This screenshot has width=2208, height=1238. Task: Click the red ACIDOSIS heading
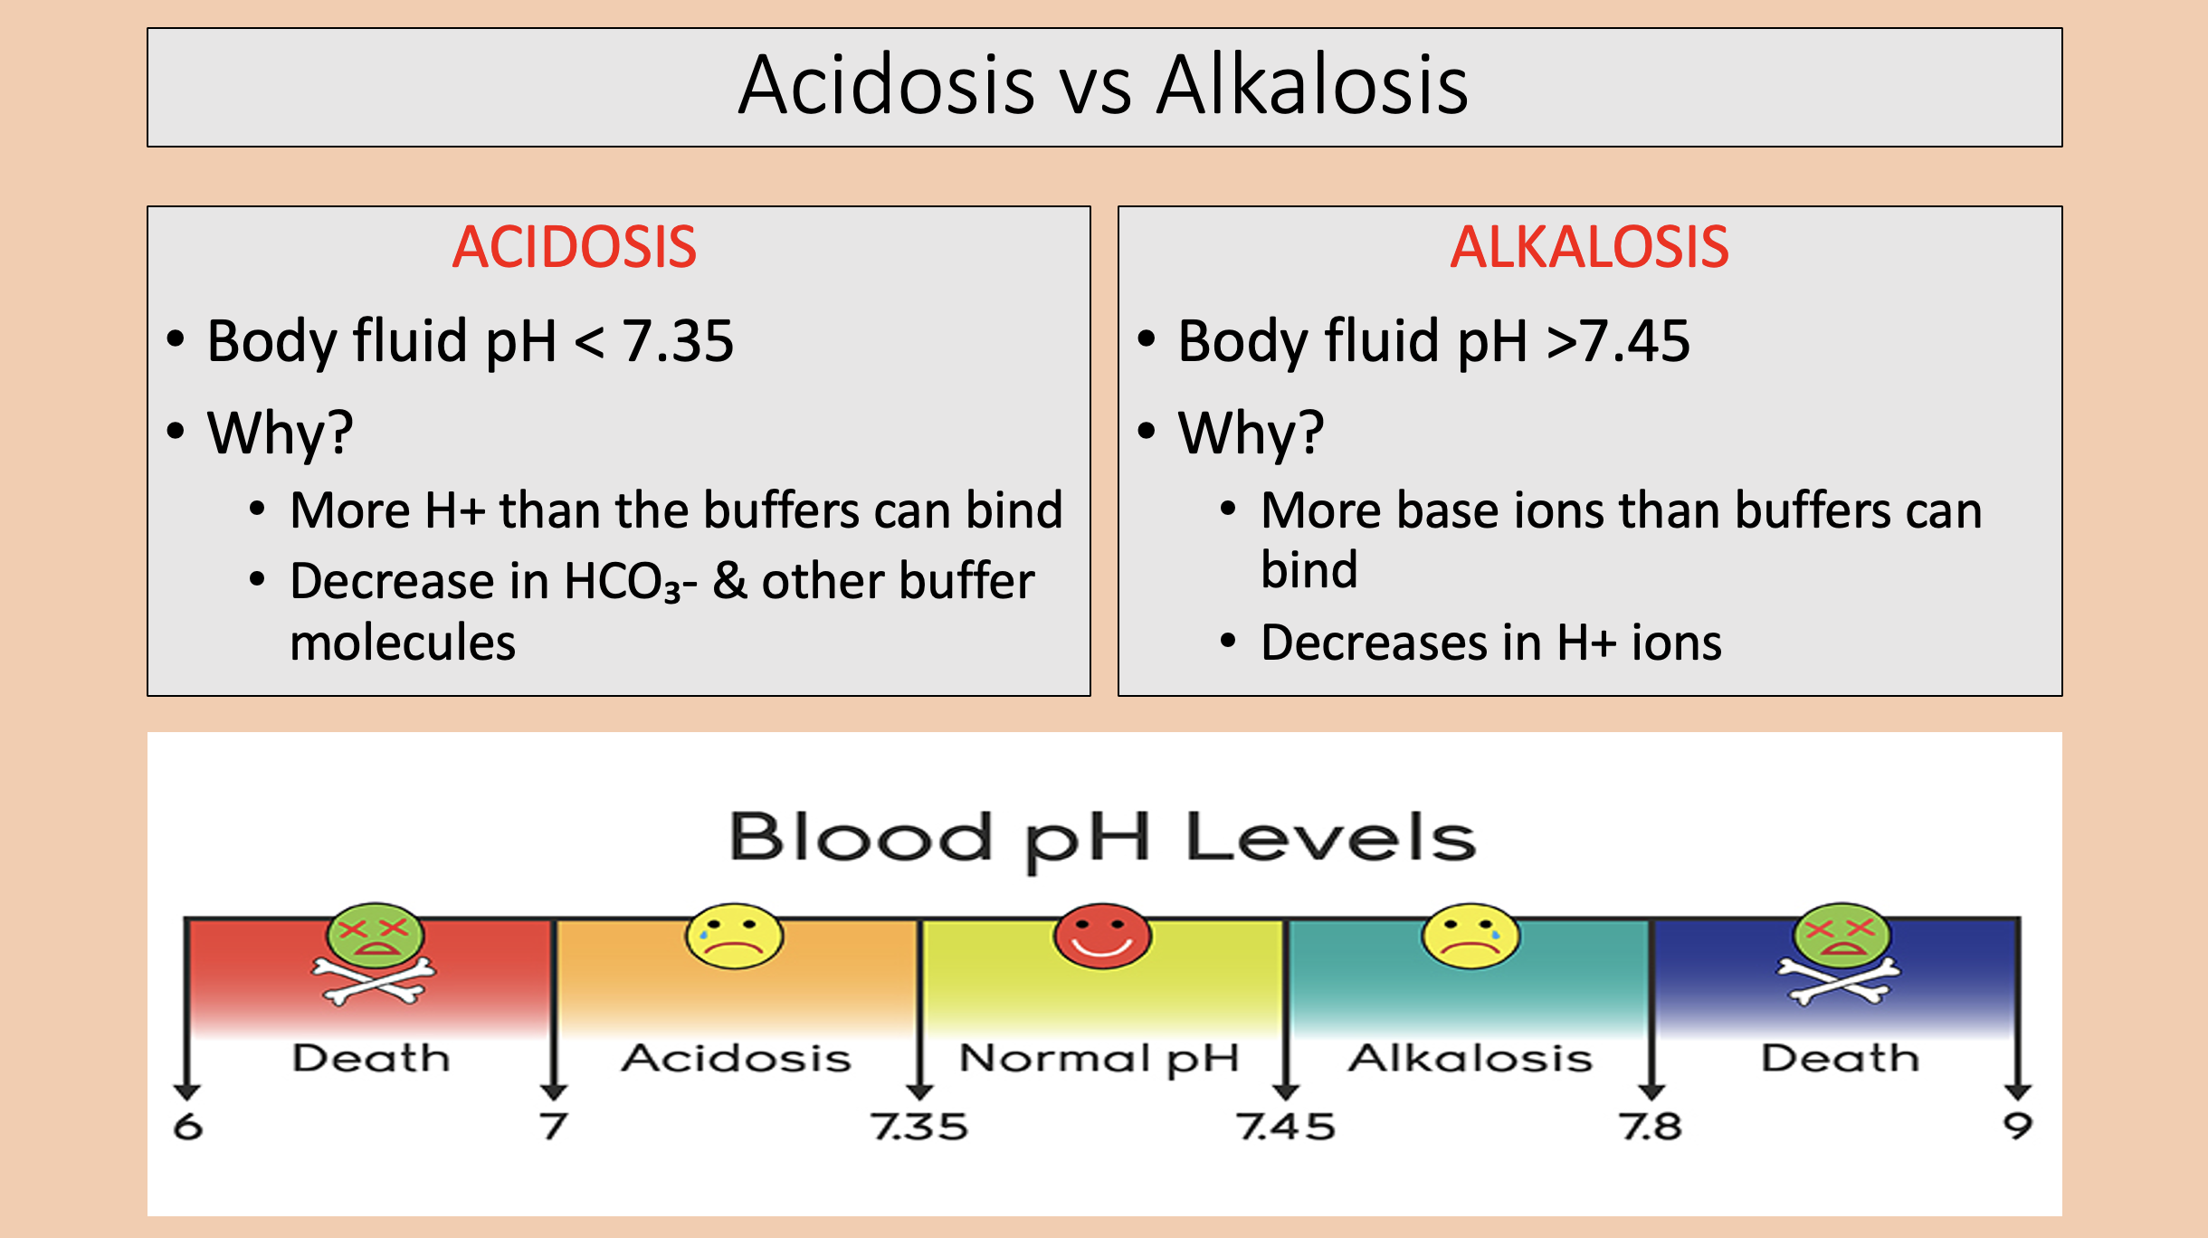coord(575,247)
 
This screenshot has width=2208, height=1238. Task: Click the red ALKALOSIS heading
coord(1590,247)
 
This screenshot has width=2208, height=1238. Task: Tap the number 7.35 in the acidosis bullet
coord(678,341)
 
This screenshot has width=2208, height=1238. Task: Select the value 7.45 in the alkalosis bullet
coord(1634,341)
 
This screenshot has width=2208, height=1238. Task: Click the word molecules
coord(403,643)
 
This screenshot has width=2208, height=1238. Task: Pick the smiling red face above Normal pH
coord(1102,936)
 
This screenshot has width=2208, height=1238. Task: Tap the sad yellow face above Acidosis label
coord(734,936)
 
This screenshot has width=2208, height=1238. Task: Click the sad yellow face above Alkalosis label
coord(1470,936)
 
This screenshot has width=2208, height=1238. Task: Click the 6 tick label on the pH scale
coord(188,1127)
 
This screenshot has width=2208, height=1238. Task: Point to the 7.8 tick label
coord(1651,1127)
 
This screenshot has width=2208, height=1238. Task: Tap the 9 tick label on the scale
coord(2018,1127)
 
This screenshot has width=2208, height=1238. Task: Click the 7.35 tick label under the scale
coord(919,1127)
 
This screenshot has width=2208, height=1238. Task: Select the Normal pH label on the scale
coord(1099,1059)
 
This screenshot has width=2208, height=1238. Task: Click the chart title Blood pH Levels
coord(1102,837)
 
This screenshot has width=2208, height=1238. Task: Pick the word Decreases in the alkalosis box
coord(1375,643)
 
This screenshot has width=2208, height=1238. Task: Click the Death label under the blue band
coord(1840,1058)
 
